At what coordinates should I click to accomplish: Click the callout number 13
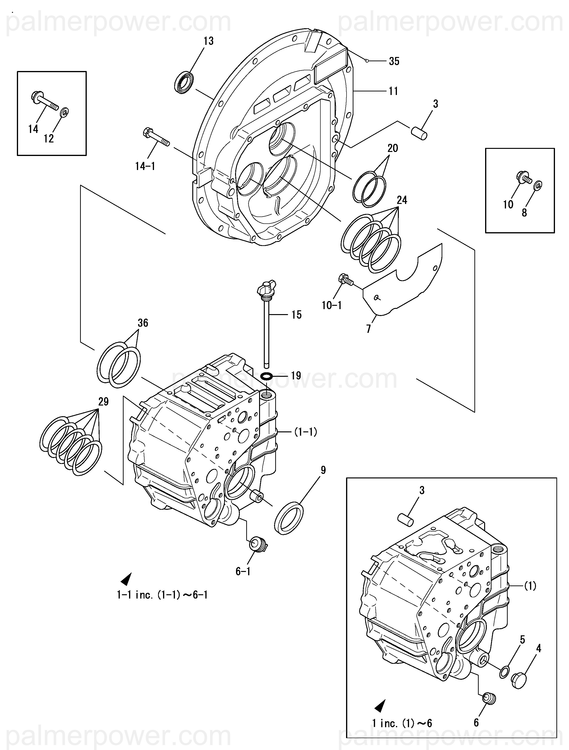[208, 41]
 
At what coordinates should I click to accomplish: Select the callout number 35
[394, 61]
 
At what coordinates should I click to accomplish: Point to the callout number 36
[143, 323]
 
